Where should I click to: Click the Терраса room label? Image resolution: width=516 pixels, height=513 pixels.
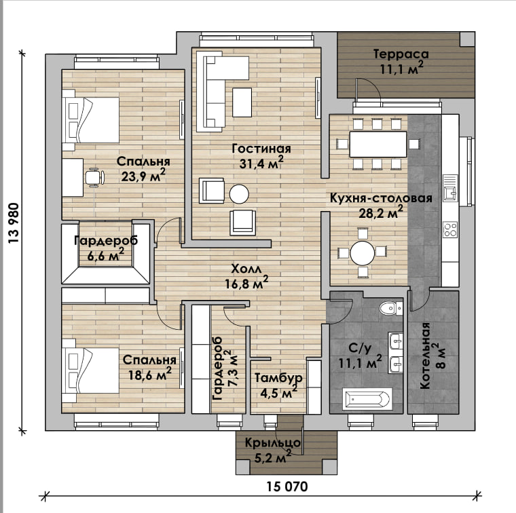click(x=401, y=54)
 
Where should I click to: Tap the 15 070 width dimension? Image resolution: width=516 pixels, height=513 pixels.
click(x=287, y=487)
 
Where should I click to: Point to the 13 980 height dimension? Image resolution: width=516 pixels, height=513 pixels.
click(x=14, y=223)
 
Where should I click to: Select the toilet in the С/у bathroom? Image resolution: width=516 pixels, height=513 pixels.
click(x=390, y=309)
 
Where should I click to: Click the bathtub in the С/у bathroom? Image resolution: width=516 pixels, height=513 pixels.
click(x=367, y=399)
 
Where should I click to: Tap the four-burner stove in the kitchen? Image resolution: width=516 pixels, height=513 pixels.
click(x=450, y=229)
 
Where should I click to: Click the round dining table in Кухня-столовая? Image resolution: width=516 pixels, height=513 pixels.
click(x=363, y=253)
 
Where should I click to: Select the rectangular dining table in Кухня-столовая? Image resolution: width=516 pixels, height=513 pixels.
click(x=378, y=145)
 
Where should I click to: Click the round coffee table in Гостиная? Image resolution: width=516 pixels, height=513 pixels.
click(x=239, y=194)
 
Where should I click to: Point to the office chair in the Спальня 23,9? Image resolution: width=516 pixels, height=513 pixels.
click(x=95, y=178)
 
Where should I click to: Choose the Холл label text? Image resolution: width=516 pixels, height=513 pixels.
click(x=246, y=269)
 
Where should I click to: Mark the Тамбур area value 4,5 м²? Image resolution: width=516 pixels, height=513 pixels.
click(x=279, y=393)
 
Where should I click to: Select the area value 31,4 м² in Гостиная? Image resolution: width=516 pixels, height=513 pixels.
click(x=261, y=162)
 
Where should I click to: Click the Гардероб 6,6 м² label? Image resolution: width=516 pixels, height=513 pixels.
click(x=106, y=248)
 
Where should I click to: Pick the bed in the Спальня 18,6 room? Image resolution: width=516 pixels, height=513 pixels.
click(x=90, y=370)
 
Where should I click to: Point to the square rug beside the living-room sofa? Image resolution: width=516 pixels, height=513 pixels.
click(x=242, y=102)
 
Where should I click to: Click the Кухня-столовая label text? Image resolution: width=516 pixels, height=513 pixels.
click(x=381, y=198)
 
